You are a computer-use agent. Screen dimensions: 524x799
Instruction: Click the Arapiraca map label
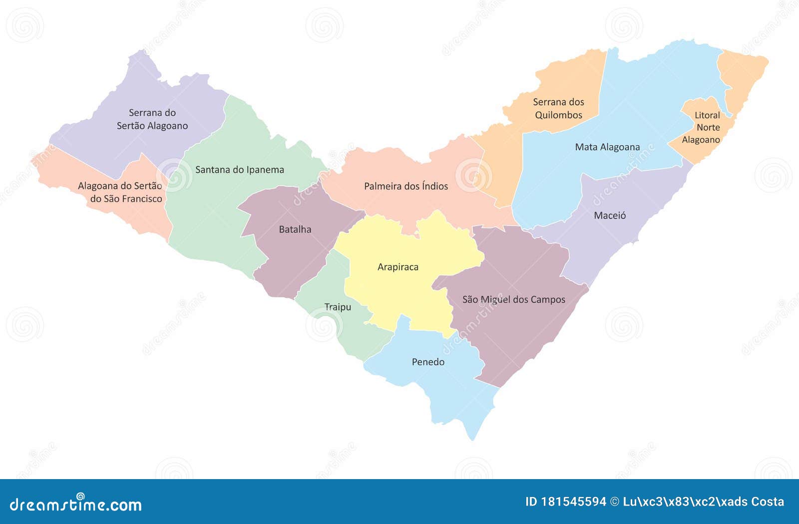pyautogui.click(x=398, y=267)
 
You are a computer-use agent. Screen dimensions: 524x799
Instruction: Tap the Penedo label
pyautogui.click(x=428, y=362)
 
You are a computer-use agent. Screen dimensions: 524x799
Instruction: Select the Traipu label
pyautogui.click(x=338, y=307)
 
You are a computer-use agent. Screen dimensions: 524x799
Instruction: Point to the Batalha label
pyautogui.click(x=295, y=230)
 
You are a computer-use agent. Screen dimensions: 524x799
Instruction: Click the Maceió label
pyautogui.click(x=610, y=216)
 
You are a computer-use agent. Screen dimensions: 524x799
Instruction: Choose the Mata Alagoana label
pyautogui.click(x=607, y=147)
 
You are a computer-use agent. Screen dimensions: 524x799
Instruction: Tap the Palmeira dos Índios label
pyautogui.click(x=405, y=186)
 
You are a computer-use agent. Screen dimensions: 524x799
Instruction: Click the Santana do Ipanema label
pyautogui.click(x=239, y=170)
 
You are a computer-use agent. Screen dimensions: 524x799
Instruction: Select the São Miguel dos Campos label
pyautogui.click(x=513, y=299)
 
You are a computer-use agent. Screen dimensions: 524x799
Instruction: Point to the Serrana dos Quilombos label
pyautogui.click(x=558, y=108)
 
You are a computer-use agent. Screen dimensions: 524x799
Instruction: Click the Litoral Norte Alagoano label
pyautogui.click(x=704, y=127)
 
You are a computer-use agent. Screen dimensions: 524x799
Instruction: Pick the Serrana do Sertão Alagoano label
pyautogui.click(x=152, y=119)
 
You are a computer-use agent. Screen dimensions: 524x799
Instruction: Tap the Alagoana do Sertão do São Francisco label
pyautogui.click(x=120, y=192)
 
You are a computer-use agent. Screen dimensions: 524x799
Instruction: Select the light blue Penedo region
pyautogui.click(x=449, y=389)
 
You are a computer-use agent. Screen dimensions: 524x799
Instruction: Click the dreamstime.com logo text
pyautogui.click(x=76, y=505)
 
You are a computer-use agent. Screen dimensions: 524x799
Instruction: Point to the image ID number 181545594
pyautogui.click(x=573, y=502)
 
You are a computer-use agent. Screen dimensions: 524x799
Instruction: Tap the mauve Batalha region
pyautogui.click(x=290, y=260)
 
